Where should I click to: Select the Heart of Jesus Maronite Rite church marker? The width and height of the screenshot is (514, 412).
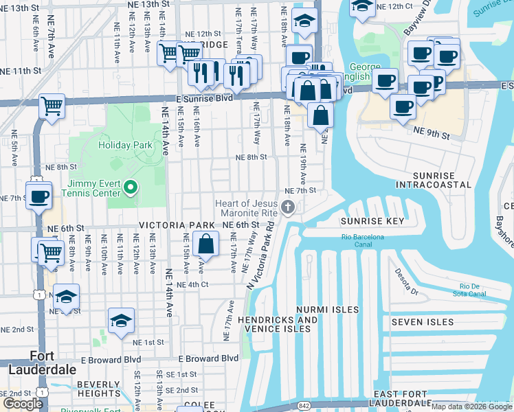(288, 207)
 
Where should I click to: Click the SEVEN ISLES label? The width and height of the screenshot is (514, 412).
(423, 321)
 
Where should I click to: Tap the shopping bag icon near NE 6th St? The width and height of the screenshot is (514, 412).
(206, 244)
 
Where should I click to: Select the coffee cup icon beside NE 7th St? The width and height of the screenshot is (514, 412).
(39, 196)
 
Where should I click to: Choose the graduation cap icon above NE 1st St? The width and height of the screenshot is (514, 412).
(122, 321)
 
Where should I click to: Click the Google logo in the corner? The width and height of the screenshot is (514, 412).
(23, 404)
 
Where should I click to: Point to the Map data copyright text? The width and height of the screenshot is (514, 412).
(471, 407)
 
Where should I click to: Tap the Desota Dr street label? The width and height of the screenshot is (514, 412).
(398, 279)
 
